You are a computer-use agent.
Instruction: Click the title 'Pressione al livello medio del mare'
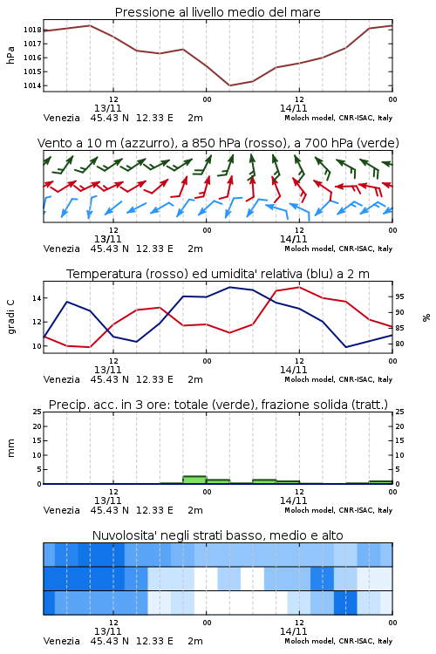(217, 12)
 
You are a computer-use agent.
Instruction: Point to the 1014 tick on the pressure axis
(32, 86)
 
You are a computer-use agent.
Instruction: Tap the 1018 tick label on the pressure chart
(32, 30)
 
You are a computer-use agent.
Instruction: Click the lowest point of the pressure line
(229, 85)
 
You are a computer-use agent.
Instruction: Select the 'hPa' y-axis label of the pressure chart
(10, 55)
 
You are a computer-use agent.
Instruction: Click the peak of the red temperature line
(299, 287)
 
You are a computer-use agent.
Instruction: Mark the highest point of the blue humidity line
(229, 287)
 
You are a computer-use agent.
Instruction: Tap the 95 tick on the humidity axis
(399, 296)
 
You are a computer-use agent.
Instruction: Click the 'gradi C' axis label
(10, 317)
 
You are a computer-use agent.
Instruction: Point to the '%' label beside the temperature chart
(426, 317)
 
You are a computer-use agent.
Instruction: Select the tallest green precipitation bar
(194, 480)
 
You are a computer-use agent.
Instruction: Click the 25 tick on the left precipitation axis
(37, 412)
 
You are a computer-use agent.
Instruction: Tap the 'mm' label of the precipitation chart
(10, 448)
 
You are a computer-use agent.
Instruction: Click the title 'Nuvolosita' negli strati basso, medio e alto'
(217, 535)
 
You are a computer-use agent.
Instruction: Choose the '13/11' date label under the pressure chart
(107, 108)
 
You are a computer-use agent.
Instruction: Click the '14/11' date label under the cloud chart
(293, 631)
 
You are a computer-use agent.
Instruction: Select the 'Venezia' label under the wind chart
(61, 249)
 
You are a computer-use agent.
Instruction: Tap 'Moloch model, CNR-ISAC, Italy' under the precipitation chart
(338, 510)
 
